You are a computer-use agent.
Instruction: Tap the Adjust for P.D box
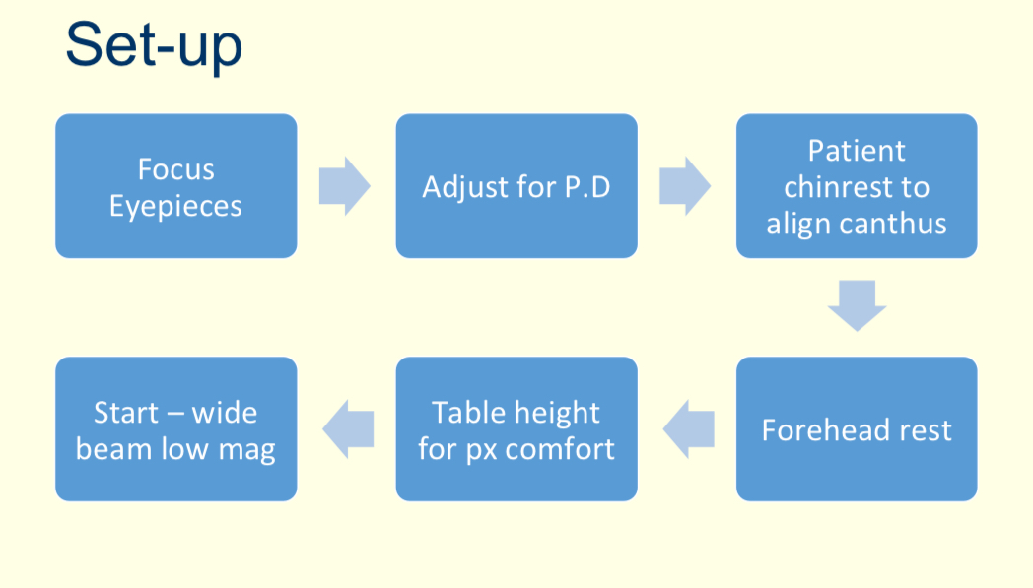point(516,186)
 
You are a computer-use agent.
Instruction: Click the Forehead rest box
point(857,429)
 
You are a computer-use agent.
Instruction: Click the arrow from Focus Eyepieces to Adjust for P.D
point(344,186)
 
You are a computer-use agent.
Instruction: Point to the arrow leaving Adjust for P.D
point(685,186)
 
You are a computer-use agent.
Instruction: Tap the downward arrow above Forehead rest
point(857,305)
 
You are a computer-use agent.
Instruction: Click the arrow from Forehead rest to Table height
point(688,429)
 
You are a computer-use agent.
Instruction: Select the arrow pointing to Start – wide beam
point(348,429)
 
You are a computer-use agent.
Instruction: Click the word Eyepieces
point(175,207)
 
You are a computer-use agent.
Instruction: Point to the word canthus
point(897,224)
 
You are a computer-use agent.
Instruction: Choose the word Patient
point(857,150)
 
